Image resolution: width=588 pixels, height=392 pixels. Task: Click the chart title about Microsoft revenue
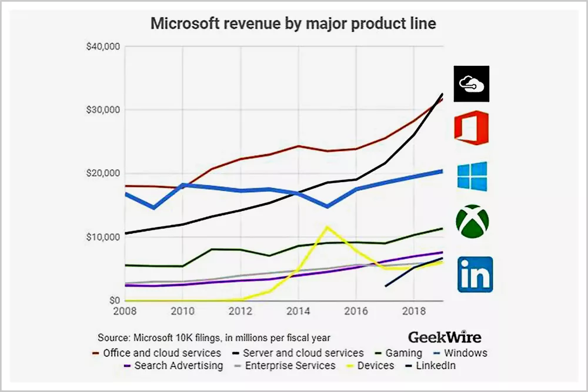[x=294, y=24]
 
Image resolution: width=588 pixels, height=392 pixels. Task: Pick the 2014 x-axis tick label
[x=298, y=310]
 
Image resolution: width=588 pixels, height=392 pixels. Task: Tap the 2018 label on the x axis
[x=415, y=310]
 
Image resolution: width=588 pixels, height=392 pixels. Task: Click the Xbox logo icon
[x=472, y=222]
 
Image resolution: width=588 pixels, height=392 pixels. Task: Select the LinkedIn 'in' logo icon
[x=475, y=274]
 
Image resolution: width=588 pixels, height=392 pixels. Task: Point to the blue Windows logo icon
[x=472, y=176]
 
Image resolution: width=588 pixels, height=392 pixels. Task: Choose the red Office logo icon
[x=471, y=128]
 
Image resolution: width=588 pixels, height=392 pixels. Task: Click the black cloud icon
[x=472, y=83]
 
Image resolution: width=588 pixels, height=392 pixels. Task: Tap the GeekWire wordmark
[x=444, y=337]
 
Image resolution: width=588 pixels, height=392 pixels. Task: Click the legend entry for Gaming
[x=399, y=353]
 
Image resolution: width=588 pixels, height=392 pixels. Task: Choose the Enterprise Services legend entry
[x=285, y=366]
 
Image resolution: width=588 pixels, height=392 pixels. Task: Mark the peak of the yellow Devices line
[x=327, y=226]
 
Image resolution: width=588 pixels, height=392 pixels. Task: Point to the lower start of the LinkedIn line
[x=386, y=286]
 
